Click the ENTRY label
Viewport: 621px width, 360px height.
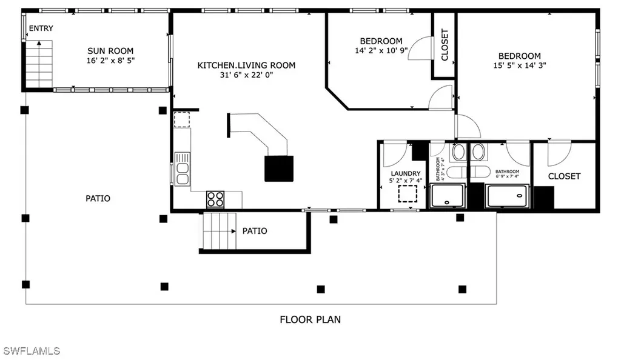click(41, 28)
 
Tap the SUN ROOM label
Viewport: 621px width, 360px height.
click(110, 51)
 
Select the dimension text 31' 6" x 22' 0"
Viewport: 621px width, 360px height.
click(246, 75)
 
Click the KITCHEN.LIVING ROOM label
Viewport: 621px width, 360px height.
click(246, 65)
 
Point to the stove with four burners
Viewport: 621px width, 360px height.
click(215, 199)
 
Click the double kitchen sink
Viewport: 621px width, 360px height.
click(182, 169)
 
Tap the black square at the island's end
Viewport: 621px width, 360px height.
click(279, 168)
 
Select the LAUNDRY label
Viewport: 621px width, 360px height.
click(405, 173)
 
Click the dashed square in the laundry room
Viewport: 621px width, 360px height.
click(408, 194)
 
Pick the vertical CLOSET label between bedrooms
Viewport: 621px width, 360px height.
click(445, 45)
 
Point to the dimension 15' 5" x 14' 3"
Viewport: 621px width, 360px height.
click(520, 66)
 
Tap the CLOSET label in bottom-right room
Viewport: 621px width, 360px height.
click(564, 176)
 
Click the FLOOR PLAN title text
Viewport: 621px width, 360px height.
click(310, 319)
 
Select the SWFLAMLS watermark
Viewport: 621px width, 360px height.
click(32, 351)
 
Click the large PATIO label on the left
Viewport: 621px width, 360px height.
click(98, 198)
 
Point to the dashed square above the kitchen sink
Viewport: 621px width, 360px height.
click(182, 119)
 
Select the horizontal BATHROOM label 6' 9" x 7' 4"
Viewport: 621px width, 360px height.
click(507, 172)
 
